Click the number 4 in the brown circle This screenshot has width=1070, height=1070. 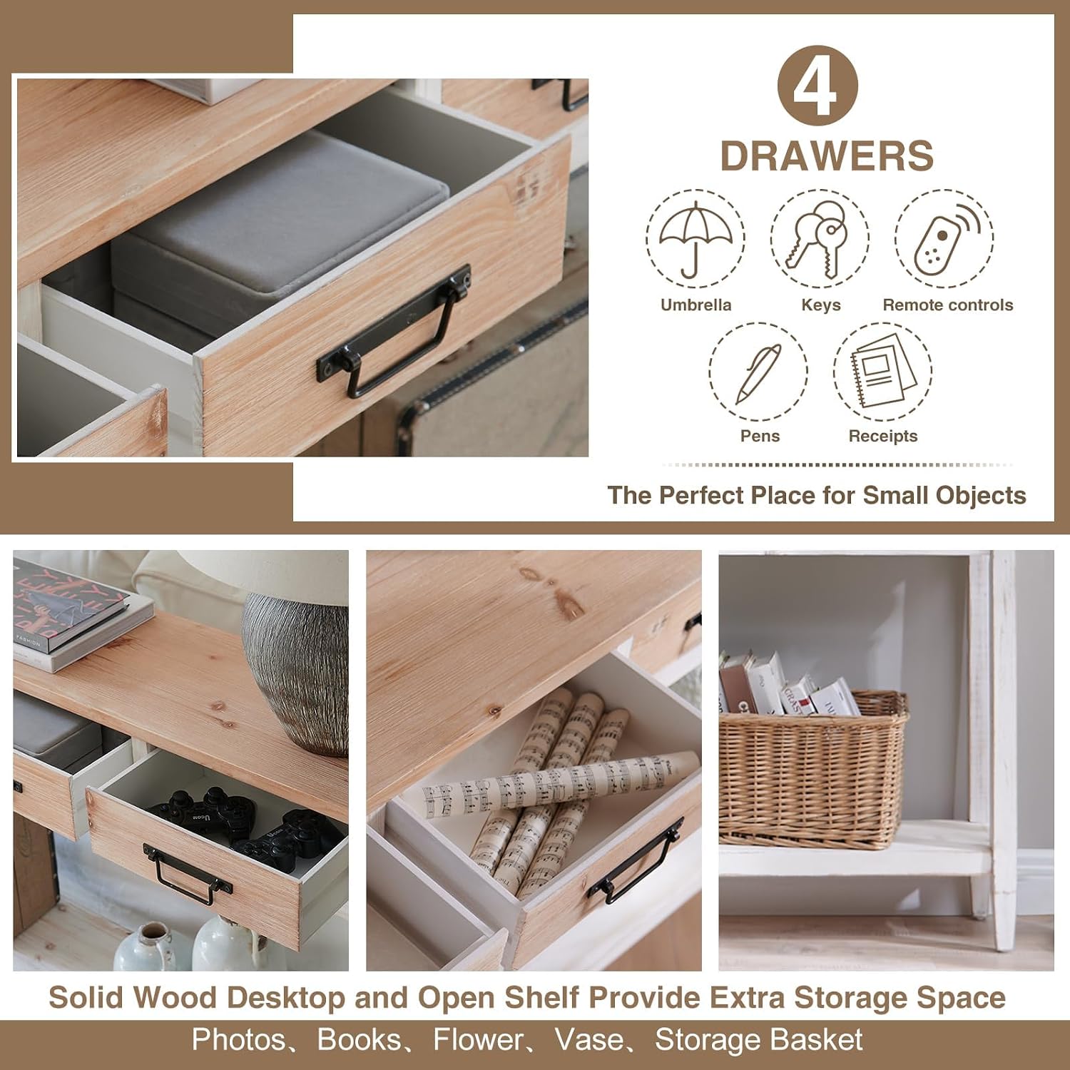tap(817, 87)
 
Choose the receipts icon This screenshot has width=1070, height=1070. tap(883, 371)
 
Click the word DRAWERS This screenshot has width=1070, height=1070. tap(827, 156)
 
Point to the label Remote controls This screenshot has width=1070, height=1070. tap(948, 305)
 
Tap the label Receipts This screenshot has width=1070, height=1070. tap(883, 437)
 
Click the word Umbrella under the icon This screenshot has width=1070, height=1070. tap(696, 305)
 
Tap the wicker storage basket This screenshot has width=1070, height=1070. tap(813, 770)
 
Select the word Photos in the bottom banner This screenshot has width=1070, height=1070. tap(238, 1040)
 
